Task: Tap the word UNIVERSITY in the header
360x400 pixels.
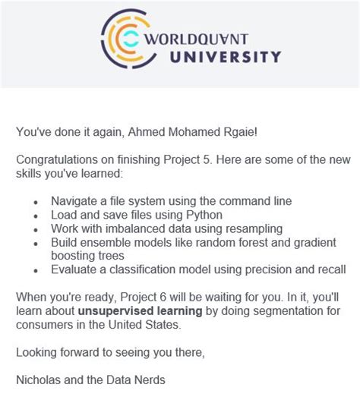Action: pyautogui.click(x=226, y=56)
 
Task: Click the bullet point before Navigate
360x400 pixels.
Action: pyautogui.click(x=36, y=202)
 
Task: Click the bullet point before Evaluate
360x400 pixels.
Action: pyautogui.click(x=36, y=270)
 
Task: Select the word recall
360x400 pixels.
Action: pyautogui.click(x=330, y=269)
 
